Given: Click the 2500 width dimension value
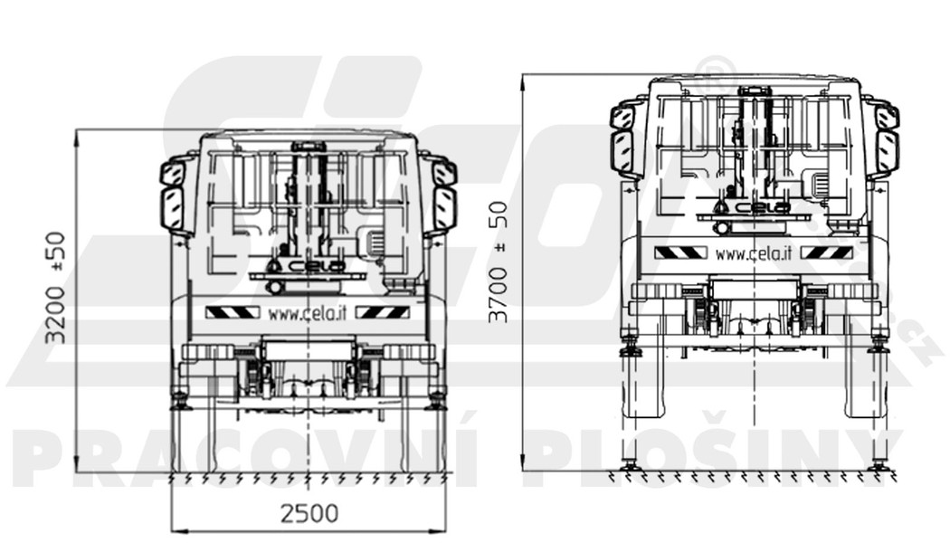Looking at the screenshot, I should point(309,514).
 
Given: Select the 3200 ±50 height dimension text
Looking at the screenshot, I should point(56,288).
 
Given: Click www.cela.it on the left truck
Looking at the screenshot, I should point(308,313).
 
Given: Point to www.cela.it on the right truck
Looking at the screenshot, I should point(753,253).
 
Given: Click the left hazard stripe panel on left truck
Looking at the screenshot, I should point(233,312).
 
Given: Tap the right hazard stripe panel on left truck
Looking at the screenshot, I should point(382,312).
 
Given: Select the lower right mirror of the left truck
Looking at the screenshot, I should point(444,209).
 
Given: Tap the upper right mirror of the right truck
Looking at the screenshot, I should point(887,117).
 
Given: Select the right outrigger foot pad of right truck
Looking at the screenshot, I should point(877,465).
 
